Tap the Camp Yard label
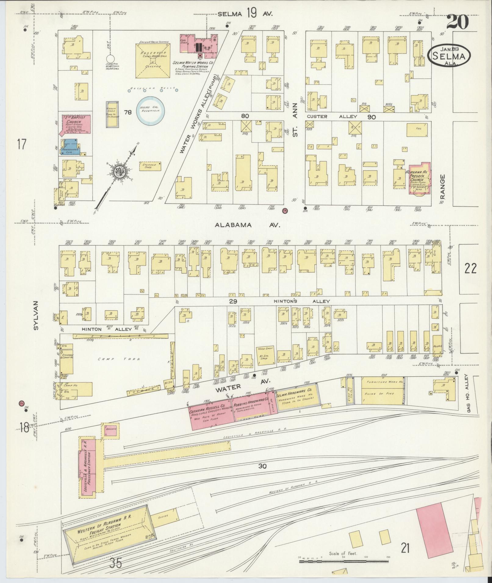pyautogui.click(x=119, y=359)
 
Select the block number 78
pyautogui.click(x=128, y=112)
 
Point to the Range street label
pyautogui.click(x=443, y=186)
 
